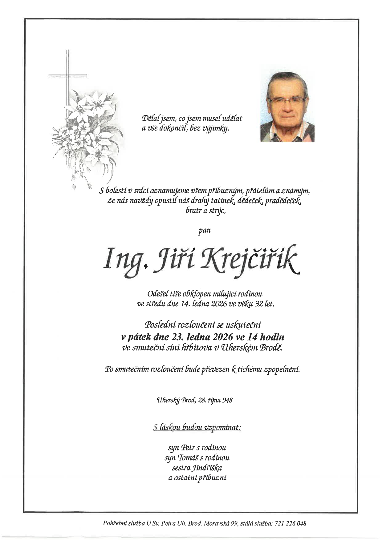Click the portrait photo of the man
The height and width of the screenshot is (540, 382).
(287, 107)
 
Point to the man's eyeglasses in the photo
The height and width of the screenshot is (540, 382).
(286, 100)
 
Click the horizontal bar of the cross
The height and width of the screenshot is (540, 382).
(68, 75)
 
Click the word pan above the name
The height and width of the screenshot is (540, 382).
(204, 230)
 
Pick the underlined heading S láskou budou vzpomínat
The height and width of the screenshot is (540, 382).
(197, 427)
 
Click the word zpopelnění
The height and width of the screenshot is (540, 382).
(281, 369)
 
